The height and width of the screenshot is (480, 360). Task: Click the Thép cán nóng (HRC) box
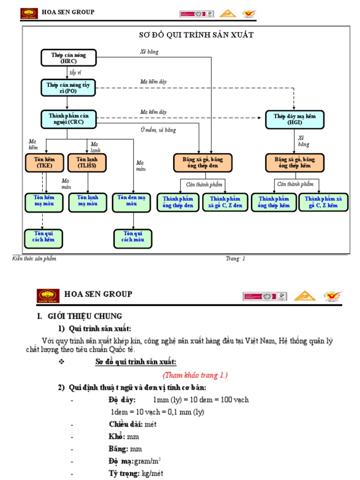[68, 58]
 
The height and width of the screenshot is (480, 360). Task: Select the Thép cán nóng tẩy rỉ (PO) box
[68, 88]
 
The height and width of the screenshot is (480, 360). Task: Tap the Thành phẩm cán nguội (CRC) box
[68, 119]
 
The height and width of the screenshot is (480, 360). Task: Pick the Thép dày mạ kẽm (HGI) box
[295, 119]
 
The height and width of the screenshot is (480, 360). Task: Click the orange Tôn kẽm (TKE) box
[45, 162]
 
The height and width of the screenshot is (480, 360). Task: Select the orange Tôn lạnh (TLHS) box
[87, 162]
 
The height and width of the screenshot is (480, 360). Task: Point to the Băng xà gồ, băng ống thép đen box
[203, 163]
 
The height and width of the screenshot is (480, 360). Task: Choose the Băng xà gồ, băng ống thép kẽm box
[295, 163]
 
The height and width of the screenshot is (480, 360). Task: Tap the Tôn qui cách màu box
[133, 237]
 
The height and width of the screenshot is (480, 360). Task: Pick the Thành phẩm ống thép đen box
[178, 202]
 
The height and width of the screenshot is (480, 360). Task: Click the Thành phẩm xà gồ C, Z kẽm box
[324, 202]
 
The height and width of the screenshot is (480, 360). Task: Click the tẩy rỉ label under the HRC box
[75, 73]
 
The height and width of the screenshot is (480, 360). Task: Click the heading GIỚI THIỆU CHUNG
[84, 316]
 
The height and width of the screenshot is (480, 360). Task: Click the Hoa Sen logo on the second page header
[48, 296]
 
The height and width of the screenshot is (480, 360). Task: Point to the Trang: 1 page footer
[235, 258]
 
